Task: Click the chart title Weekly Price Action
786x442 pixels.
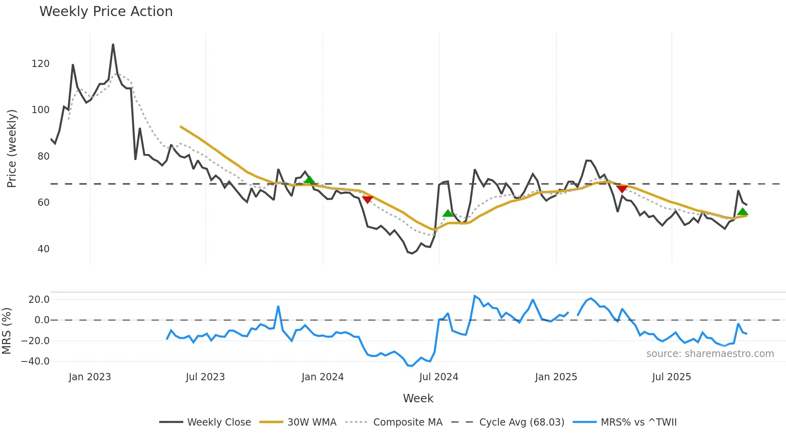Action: [x=106, y=12]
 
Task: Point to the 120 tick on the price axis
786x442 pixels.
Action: [x=41, y=64]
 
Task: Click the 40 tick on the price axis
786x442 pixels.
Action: [x=43, y=249]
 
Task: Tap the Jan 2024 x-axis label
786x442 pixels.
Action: [x=322, y=377]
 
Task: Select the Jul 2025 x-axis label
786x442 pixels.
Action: [x=671, y=377]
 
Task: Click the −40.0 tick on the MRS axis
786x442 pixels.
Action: [x=35, y=361]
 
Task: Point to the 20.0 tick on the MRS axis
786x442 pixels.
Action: [x=39, y=300]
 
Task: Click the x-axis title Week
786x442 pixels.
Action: [x=418, y=398]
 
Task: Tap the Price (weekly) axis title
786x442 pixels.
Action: [x=12, y=148]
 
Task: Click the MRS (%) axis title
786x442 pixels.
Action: [x=6, y=331]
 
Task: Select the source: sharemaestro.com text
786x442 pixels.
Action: [x=710, y=354]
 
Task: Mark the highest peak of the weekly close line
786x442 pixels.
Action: [x=113, y=45]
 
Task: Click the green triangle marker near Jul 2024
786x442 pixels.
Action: [x=448, y=213]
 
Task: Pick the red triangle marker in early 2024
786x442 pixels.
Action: [x=367, y=199]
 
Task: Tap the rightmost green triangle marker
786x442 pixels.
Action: [x=742, y=212]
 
